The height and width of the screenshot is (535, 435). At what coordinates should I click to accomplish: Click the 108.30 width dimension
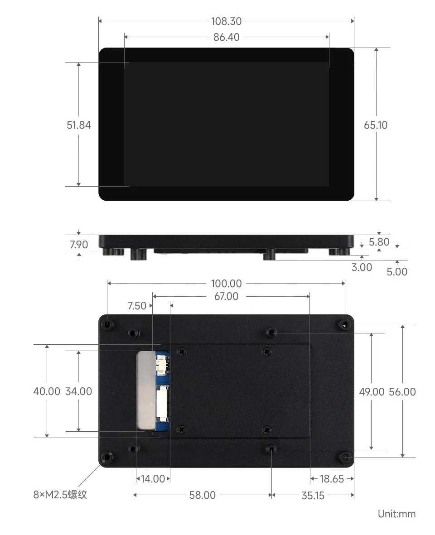[x=226, y=21]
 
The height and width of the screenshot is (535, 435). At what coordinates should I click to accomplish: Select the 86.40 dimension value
[x=226, y=37]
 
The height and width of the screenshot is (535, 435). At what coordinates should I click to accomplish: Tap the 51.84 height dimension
[x=79, y=125]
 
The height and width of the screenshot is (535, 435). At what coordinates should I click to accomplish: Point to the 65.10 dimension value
[x=376, y=125]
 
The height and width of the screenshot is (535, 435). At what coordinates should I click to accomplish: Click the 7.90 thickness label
[x=79, y=245]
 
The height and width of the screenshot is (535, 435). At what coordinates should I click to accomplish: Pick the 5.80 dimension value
[x=379, y=242]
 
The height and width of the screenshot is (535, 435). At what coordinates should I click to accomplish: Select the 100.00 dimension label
[x=226, y=284]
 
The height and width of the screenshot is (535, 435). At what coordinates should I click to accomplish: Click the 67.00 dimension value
[x=226, y=296]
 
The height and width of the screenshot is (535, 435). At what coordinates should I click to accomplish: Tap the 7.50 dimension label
[x=137, y=306]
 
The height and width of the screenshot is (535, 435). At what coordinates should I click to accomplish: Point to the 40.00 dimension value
[x=47, y=391]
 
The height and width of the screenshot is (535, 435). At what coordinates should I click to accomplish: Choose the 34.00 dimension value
[x=79, y=391]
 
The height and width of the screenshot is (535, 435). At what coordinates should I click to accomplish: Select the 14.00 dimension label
[x=153, y=479]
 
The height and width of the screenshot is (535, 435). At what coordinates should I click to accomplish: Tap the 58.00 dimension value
[x=203, y=496]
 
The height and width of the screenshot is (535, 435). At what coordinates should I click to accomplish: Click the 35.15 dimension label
[x=313, y=496]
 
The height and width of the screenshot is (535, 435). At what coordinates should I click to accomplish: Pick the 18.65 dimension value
[x=332, y=479]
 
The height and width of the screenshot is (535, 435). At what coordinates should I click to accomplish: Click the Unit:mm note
[x=396, y=514]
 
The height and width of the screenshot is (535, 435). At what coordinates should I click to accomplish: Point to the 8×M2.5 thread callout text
[x=60, y=495]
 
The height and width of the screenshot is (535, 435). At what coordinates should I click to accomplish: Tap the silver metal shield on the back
[x=145, y=390]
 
